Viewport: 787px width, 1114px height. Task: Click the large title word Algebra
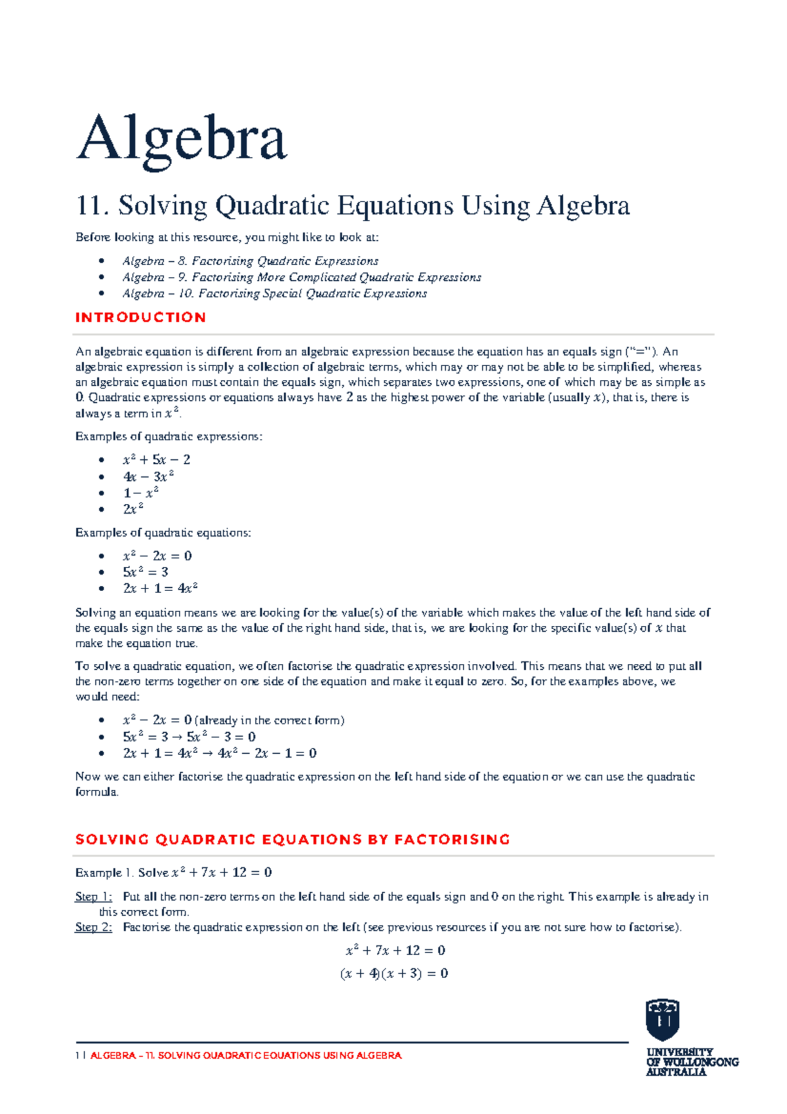182,138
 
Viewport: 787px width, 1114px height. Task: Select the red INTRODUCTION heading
140,318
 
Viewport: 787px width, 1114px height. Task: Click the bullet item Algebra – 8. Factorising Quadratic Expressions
250,261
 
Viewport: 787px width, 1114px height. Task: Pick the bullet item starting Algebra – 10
274,294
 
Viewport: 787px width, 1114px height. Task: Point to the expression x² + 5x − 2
156,460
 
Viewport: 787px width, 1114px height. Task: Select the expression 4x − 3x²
148,477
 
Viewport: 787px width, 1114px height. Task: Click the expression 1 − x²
140,493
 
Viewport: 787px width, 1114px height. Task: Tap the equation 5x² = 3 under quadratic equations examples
145,572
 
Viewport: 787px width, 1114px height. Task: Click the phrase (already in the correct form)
270,720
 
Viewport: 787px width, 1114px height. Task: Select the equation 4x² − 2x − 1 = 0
267,753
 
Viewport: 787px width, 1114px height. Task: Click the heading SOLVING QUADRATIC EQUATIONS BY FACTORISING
293,840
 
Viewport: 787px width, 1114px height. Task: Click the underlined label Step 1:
93,897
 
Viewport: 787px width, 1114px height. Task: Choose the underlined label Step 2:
93,928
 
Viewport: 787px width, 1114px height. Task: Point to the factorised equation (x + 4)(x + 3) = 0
393,974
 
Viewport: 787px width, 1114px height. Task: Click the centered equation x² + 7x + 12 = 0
395,951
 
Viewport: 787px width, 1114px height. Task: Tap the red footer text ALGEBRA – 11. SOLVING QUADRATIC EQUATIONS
245,1056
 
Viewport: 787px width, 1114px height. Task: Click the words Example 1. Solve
122,873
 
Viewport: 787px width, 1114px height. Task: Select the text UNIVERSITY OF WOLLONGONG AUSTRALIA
691,1062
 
